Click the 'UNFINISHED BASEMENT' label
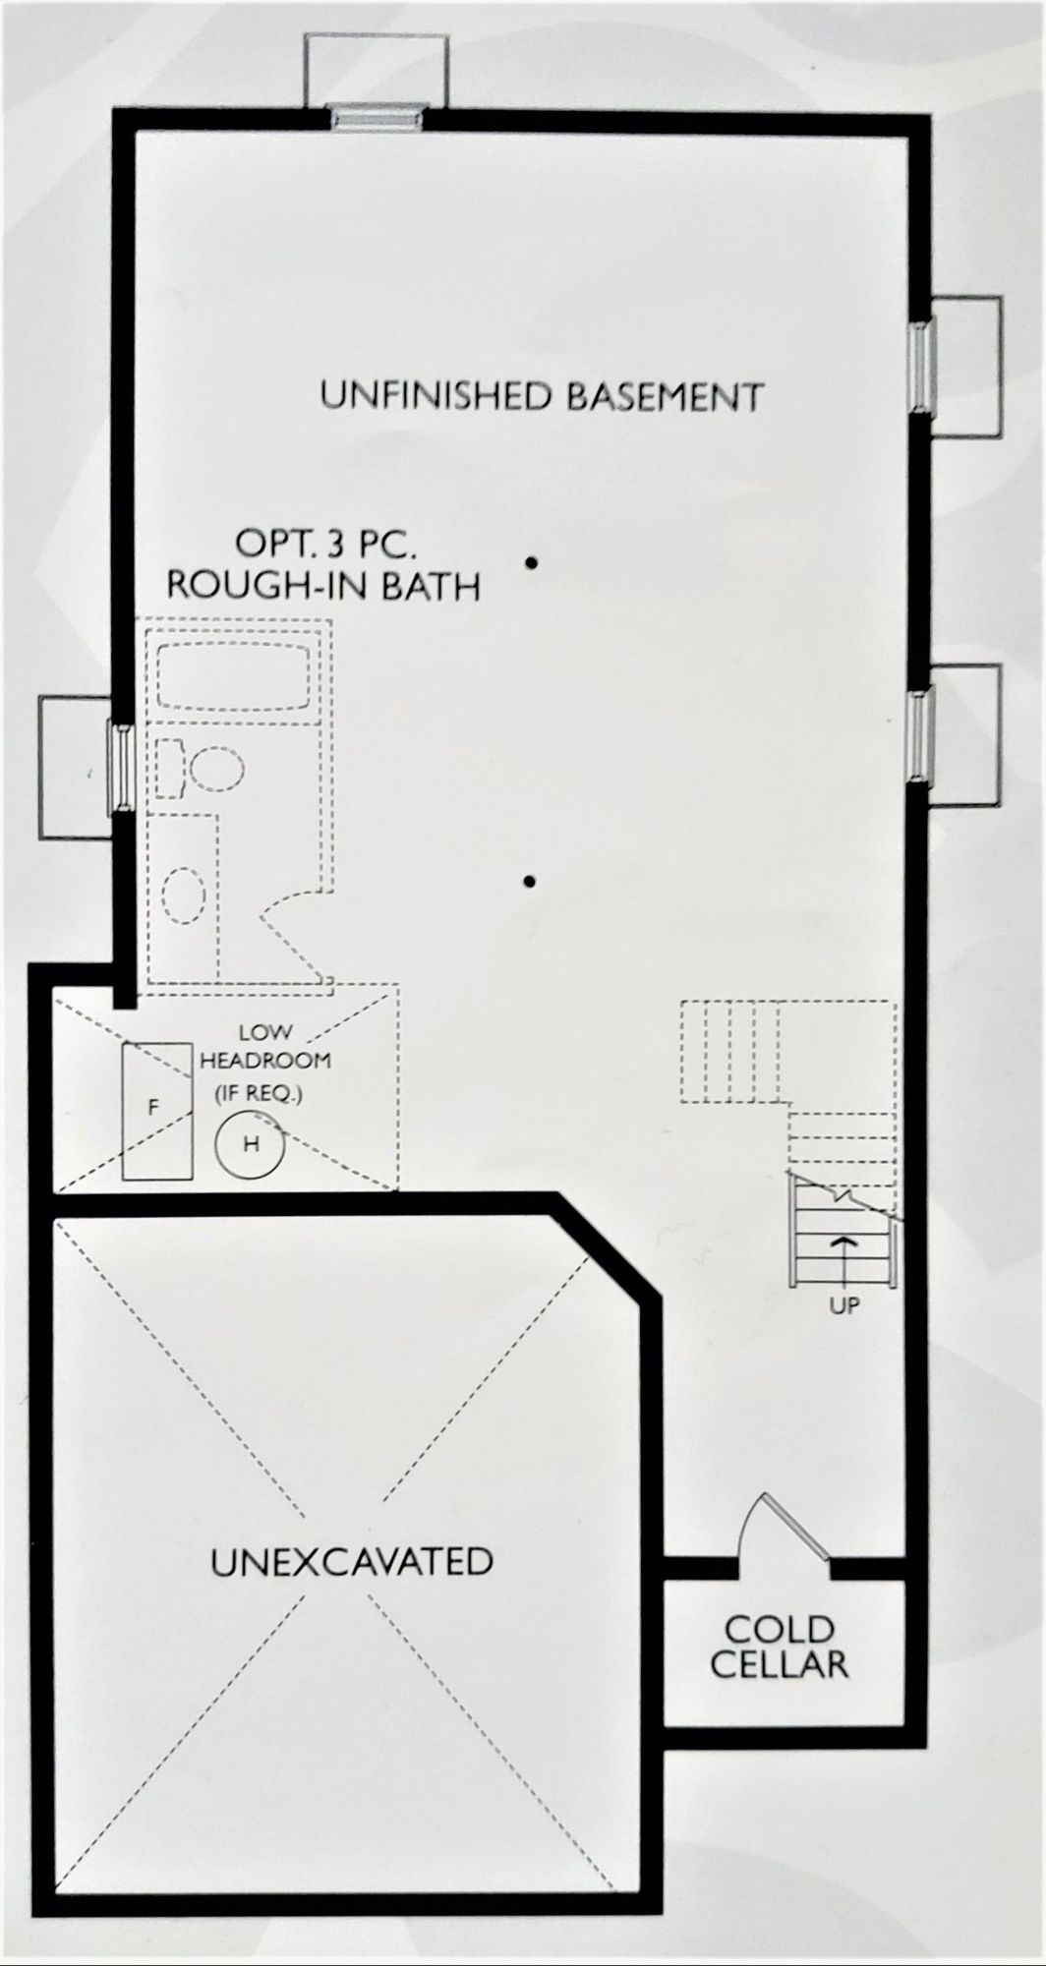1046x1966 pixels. [542, 396]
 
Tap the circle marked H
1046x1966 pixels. [251, 1142]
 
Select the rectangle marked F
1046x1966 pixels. [155, 1110]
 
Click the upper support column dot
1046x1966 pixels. [531, 564]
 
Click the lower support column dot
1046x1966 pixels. [531, 882]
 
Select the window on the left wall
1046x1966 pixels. [123, 769]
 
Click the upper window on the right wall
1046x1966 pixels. [922, 366]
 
